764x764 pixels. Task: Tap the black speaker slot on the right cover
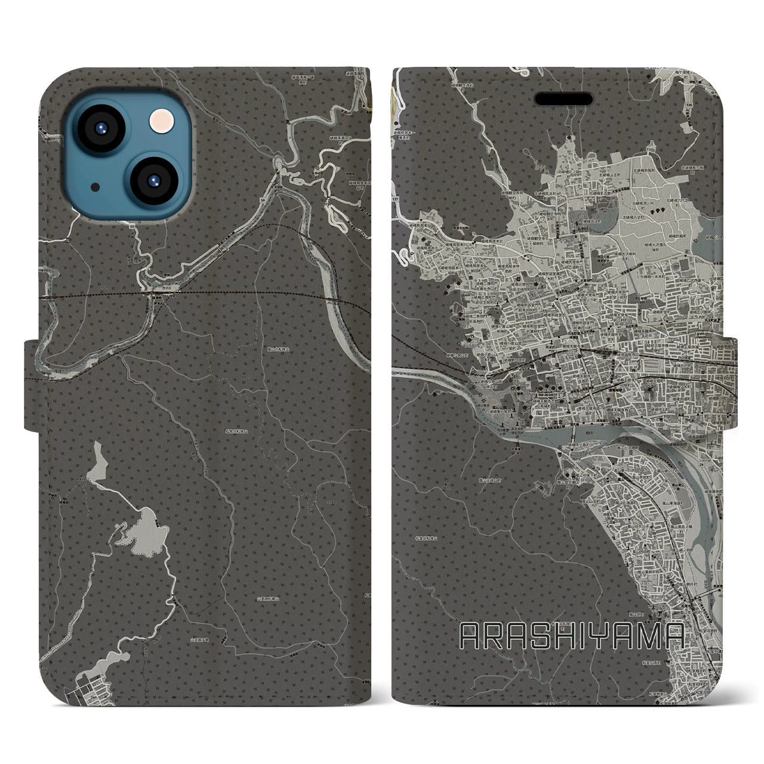(563, 98)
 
